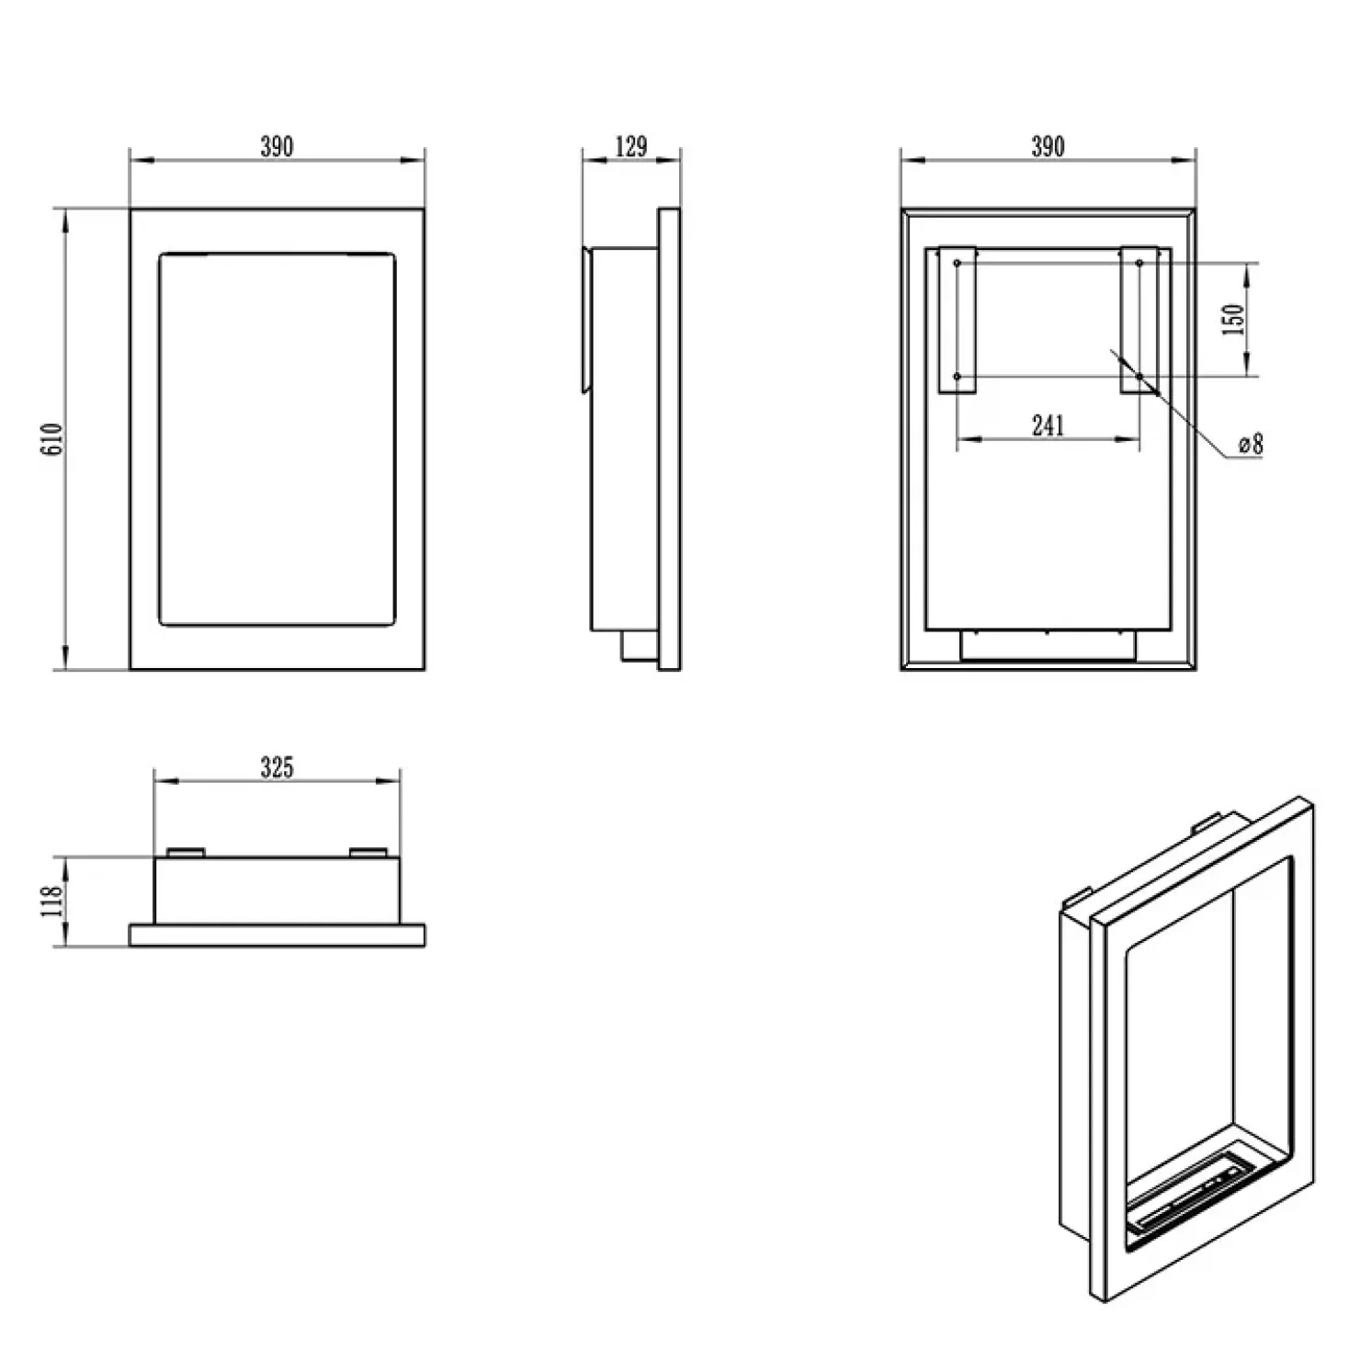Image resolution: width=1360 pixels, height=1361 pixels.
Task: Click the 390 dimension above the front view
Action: click(277, 146)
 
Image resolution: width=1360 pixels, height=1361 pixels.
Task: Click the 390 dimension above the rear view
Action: click(1048, 146)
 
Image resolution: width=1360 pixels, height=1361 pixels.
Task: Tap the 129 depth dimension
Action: click(631, 146)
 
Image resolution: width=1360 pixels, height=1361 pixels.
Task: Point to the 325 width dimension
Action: click(277, 766)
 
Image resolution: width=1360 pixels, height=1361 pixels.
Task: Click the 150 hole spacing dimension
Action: click(1236, 319)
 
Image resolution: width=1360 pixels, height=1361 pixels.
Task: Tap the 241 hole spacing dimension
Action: click(1048, 425)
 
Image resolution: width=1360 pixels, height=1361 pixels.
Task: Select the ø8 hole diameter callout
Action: click(1251, 445)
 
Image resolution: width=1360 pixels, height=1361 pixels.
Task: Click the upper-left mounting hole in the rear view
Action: click(958, 264)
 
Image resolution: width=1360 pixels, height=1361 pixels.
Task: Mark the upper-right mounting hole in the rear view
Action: click(1139, 264)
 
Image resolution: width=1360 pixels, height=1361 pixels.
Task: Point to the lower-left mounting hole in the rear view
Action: click(958, 376)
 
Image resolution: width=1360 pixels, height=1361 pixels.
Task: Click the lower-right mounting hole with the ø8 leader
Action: click(1139, 376)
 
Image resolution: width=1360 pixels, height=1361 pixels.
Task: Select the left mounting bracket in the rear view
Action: click(957, 320)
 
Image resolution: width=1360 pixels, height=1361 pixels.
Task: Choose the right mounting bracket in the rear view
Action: click(1139, 320)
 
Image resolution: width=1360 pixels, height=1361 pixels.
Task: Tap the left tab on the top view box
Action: click(187, 852)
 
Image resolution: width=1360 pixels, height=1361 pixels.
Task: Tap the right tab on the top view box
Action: click(368, 852)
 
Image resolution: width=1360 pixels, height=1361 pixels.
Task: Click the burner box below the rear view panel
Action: click(1048, 645)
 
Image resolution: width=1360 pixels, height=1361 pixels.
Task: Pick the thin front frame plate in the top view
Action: click(277, 936)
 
